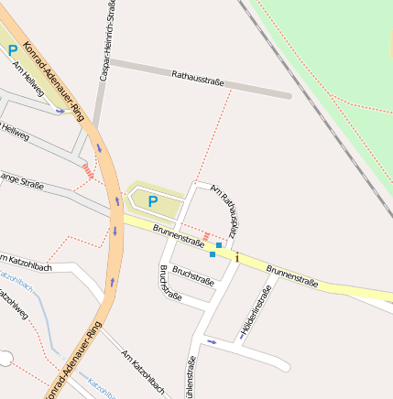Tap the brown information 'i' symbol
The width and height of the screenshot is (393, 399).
pos(237,259)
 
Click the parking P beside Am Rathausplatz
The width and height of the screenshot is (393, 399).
pos(152,200)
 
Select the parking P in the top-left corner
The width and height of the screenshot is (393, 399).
pos(13,51)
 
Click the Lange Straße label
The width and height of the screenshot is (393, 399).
pos(22,180)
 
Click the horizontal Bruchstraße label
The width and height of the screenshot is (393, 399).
pos(193,276)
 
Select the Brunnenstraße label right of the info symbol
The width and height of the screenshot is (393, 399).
pos(292,275)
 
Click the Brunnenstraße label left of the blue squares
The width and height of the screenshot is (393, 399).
pos(178,235)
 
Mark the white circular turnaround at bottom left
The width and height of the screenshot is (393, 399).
pos(6,359)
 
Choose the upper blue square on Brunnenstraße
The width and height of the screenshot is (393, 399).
pos(219,245)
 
